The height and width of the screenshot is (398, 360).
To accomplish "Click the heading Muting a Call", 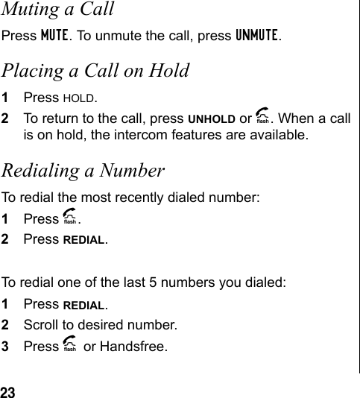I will click(57, 10).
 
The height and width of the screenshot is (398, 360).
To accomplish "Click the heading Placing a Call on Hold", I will click(95, 71).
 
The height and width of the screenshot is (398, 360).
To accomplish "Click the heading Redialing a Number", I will click(83, 171).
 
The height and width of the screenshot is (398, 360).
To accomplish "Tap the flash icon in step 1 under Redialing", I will click(71, 219).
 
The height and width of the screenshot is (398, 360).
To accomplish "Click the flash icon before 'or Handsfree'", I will click(71, 347).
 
